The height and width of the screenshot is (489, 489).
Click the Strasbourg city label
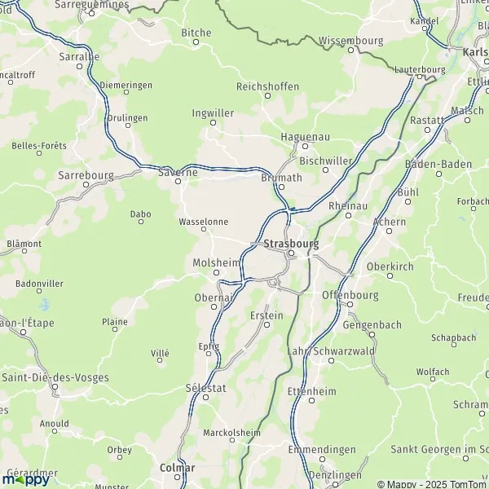(291, 243)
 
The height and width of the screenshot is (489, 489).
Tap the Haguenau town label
(304, 136)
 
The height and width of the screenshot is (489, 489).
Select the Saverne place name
(177, 171)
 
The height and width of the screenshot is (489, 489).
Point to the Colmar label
(178, 469)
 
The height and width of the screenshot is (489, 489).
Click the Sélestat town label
(206, 388)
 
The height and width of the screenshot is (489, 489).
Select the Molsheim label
(216, 262)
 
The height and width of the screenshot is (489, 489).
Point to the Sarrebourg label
(86, 174)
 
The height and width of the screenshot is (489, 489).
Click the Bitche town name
(196, 33)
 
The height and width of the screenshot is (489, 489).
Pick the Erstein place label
(268, 315)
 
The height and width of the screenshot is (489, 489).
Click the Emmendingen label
(322, 450)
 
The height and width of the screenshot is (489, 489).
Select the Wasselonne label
(203, 221)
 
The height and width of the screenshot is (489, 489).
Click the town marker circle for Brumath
(281, 187)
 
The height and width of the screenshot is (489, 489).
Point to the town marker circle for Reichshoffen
(267, 96)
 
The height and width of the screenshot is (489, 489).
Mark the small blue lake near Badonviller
(45, 305)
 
